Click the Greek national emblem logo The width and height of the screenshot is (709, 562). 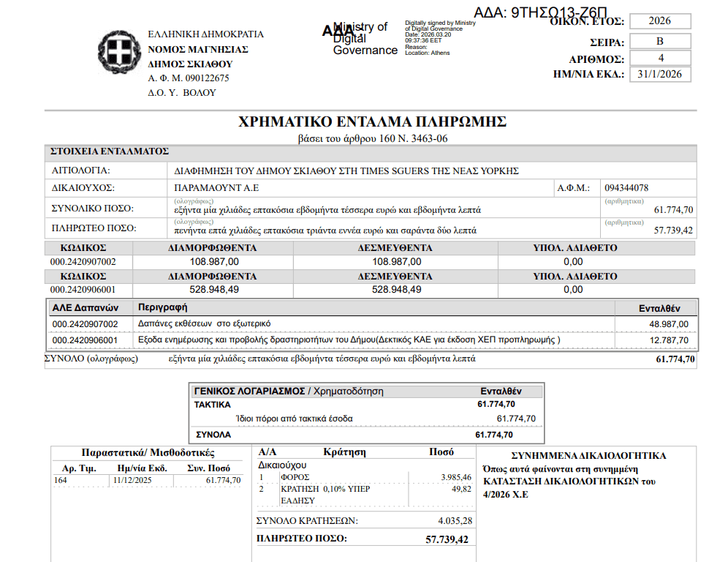coord(117,53)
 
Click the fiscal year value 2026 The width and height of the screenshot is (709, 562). coord(660,21)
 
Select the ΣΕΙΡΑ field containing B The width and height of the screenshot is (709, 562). coord(660,40)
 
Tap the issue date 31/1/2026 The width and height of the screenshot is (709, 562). coord(660,74)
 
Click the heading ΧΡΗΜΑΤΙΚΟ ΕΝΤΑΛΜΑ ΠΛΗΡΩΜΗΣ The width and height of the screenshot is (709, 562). coord(373,122)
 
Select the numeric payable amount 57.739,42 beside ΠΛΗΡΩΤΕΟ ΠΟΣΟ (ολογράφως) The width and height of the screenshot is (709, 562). coord(673,231)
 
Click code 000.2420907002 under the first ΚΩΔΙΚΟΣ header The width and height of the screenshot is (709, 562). coord(83,261)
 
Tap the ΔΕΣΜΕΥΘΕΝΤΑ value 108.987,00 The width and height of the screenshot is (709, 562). coord(396,261)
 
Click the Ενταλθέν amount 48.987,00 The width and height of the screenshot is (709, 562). coord(669,323)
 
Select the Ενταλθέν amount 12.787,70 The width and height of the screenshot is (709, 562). coord(669,340)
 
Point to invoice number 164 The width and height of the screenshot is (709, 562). coord(61,480)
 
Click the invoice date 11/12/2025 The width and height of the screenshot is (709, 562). coord(132,480)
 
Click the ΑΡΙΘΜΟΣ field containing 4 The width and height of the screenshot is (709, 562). coord(660,58)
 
